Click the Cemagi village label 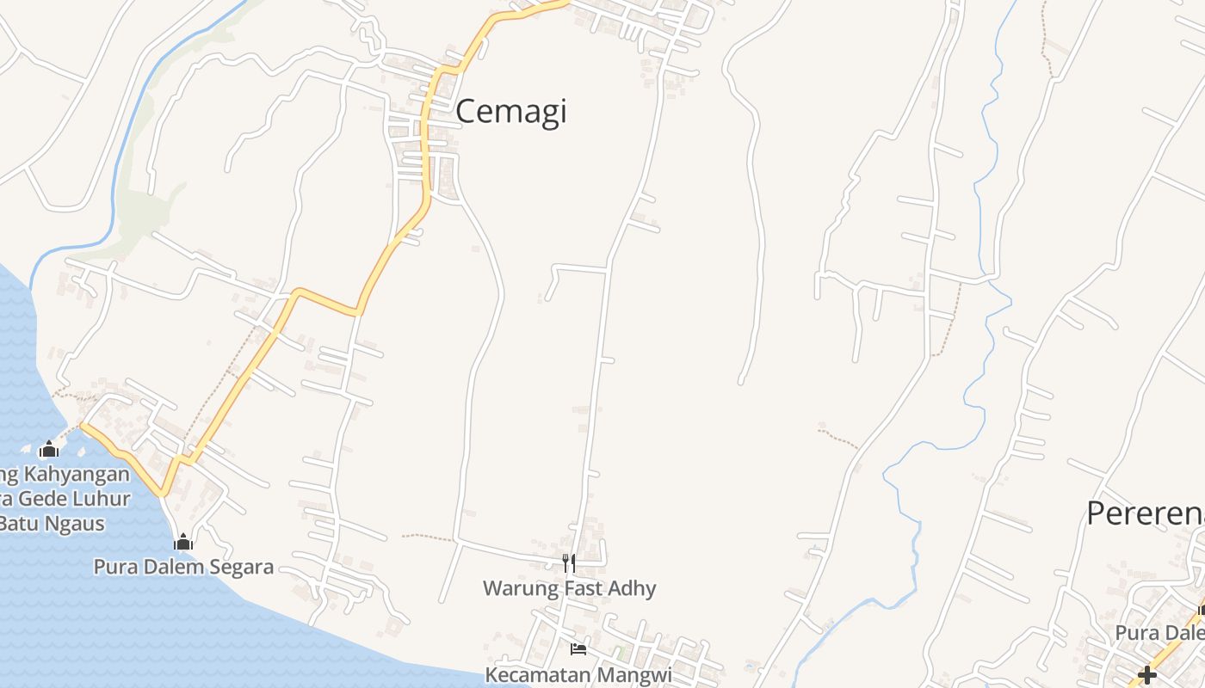coord(510,113)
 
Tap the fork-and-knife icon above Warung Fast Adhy coord(568,562)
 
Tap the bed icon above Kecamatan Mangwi coord(578,648)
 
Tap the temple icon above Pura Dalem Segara coord(182,542)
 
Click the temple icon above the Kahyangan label coord(49,449)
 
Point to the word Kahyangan coord(77,474)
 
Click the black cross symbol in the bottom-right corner coord(1146,675)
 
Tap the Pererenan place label coord(1145,513)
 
